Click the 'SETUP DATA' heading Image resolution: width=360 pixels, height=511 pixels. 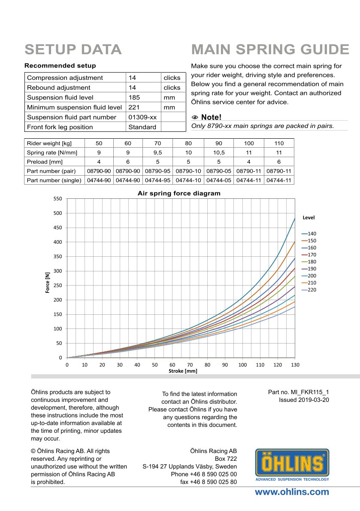pyautogui.click(x=73, y=49)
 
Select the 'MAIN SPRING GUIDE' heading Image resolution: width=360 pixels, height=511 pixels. pyautogui.click(x=270, y=49)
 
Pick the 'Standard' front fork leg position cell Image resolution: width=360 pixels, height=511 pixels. pyautogui.click(x=142, y=127)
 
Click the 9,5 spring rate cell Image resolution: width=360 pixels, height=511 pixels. pyautogui.click(x=157, y=152)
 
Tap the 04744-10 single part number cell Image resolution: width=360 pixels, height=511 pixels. pyautogui.click(x=188, y=180)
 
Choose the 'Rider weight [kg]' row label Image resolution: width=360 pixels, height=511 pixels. pyautogui.click(x=48, y=143)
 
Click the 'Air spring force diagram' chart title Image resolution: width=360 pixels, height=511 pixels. pyautogui.click(x=179, y=194)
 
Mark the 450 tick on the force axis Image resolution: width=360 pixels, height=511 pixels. pyautogui.click(x=58, y=228)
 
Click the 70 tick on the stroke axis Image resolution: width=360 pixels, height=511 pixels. pyautogui.click(x=190, y=365)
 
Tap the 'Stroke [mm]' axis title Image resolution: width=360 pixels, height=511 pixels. pyautogui.click(x=183, y=371)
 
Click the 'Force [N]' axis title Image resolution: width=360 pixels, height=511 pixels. pyautogui.click(x=48, y=284)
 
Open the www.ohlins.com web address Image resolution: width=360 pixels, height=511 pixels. pyautogui.click(x=292, y=492)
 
